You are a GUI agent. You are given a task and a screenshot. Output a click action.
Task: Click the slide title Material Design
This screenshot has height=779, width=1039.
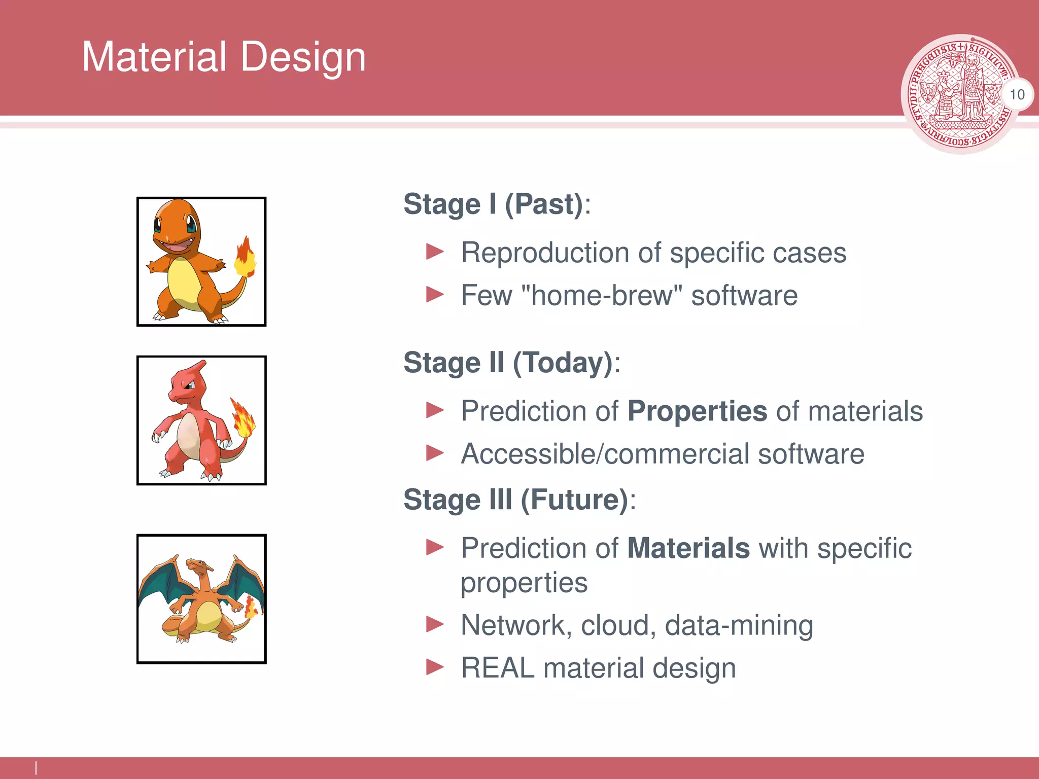[x=224, y=57]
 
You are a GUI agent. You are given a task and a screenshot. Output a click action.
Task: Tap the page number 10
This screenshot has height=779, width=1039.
[x=1017, y=94]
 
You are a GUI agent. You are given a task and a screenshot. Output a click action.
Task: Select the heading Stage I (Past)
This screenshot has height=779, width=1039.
[x=497, y=204]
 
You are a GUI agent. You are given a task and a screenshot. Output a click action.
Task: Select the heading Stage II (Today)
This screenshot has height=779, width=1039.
[x=511, y=363]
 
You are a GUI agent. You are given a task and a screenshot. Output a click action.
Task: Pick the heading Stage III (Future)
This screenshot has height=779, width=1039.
[x=519, y=500]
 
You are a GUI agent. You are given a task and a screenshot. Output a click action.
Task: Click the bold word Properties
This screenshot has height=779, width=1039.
[x=697, y=411]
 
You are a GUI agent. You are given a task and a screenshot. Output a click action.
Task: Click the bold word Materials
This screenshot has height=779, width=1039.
[x=688, y=548]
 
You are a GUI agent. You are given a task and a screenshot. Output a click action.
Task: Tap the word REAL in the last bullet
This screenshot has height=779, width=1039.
[x=497, y=668]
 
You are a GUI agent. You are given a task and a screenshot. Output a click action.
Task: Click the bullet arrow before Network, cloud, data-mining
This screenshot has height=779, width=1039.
[x=435, y=624]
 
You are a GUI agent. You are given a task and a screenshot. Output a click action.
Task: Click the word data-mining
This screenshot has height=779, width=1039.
[x=739, y=625]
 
